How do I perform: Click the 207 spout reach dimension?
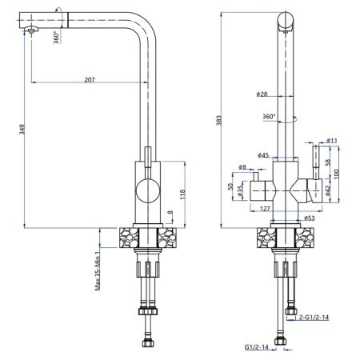pyautogui.click(x=90, y=79)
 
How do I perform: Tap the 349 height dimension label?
pyautogui.click(x=22, y=130)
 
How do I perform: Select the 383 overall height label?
pyautogui.click(x=218, y=120)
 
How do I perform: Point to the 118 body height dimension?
pyautogui.click(x=182, y=194)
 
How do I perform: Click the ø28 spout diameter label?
pyautogui.click(x=262, y=94)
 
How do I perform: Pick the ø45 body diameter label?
pyautogui.click(x=263, y=155)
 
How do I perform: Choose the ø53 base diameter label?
pyautogui.click(x=309, y=218)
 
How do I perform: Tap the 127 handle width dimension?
pyautogui.click(x=265, y=209)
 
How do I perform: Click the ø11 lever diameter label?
pyautogui.click(x=332, y=140)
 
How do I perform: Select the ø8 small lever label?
pyautogui.click(x=242, y=167)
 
